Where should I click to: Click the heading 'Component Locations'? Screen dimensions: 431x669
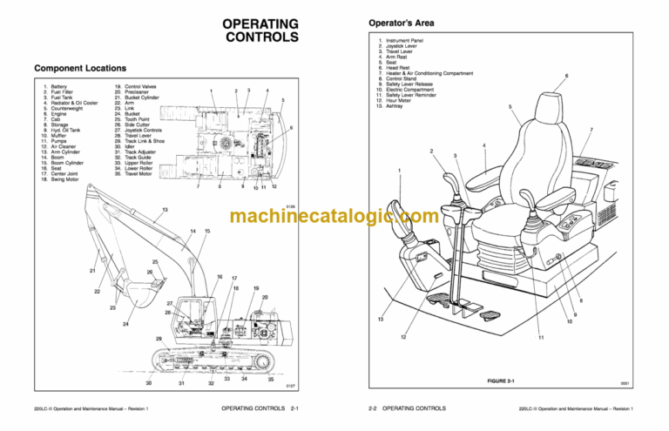(x=83, y=68)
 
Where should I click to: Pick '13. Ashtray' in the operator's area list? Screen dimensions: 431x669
(x=397, y=106)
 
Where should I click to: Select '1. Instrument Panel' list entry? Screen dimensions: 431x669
(x=408, y=40)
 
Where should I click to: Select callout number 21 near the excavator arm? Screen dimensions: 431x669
(x=92, y=271)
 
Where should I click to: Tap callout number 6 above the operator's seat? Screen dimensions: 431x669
(x=567, y=76)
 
